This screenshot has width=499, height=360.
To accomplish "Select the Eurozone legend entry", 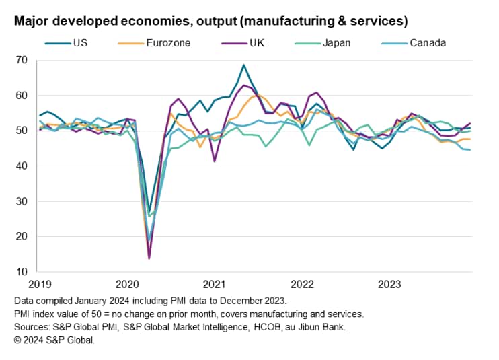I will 167,43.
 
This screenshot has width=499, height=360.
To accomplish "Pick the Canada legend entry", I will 428,43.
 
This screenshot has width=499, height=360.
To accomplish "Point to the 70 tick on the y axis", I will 22,60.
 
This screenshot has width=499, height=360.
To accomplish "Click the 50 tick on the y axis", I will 22,131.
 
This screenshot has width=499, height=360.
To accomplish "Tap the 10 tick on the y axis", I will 22,272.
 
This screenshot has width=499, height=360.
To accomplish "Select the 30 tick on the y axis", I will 22,201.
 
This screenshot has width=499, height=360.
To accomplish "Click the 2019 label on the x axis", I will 40,284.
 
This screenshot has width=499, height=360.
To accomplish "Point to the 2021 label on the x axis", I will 214,284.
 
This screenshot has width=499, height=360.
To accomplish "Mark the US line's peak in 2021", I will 243,65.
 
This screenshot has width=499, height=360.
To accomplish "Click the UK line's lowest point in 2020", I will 149,258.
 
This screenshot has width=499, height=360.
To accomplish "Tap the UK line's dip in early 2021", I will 215,161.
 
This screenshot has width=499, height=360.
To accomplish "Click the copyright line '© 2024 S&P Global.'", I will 54,340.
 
